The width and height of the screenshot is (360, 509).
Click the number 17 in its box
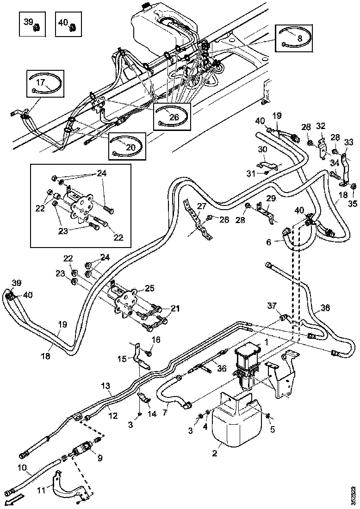41,83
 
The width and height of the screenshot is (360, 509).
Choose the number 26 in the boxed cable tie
174,117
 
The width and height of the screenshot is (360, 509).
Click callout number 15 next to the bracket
122,359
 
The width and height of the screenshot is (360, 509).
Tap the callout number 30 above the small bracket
262,149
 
